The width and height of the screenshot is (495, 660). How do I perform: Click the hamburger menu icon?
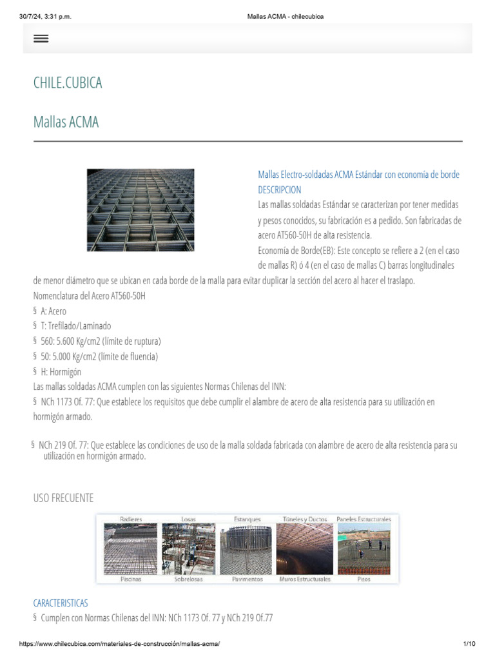coord(41,39)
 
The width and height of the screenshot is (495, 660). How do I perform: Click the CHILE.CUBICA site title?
coord(68,83)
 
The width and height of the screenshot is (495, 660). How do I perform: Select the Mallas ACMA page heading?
coord(66,122)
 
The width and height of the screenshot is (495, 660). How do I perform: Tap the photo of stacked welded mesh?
coord(141,209)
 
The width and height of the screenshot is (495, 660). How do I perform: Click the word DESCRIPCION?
coord(279,189)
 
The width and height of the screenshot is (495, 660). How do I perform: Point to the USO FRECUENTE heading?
coord(63,498)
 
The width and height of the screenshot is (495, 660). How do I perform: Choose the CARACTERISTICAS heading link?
coord(61,603)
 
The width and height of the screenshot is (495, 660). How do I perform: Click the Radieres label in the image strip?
coord(131,519)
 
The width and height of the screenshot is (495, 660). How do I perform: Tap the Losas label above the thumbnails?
coord(188,519)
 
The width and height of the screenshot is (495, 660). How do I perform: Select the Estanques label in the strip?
coord(247,519)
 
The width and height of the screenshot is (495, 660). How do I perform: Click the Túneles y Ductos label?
coord(305,519)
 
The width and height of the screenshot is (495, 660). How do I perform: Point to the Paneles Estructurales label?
coord(364,519)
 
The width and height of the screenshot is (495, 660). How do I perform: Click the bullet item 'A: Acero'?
coord(53,311)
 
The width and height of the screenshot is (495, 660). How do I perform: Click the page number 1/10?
coord(469,644)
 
